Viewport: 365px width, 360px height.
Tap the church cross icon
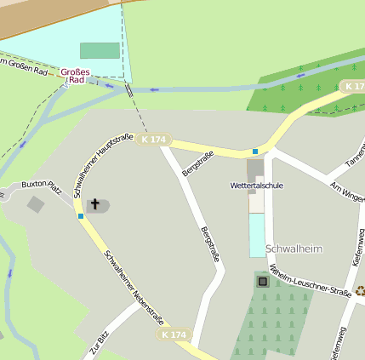pos(95,204)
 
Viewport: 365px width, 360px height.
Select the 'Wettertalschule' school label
pos(256,185)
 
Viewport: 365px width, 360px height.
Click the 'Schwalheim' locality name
pos(294,249)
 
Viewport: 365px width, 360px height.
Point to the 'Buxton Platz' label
pos(42,183)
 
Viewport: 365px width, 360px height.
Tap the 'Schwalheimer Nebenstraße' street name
pos(134,289)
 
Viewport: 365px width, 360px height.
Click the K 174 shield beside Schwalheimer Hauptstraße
pos(154,140)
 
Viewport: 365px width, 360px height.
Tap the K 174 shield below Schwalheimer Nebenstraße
pos(172,335)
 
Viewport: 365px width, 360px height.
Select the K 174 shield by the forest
pos(353,87)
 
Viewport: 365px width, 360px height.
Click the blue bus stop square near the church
pos(81,216)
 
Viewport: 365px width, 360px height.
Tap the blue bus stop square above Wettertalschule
pos(254,151)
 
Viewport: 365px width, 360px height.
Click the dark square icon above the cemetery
pos(262,281)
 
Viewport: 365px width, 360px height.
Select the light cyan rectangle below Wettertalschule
pos(257,235)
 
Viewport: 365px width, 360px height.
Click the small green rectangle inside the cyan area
pos(100,51)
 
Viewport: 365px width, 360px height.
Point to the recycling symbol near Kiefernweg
pos(360,290)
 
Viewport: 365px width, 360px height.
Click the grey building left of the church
pos(36,204)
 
